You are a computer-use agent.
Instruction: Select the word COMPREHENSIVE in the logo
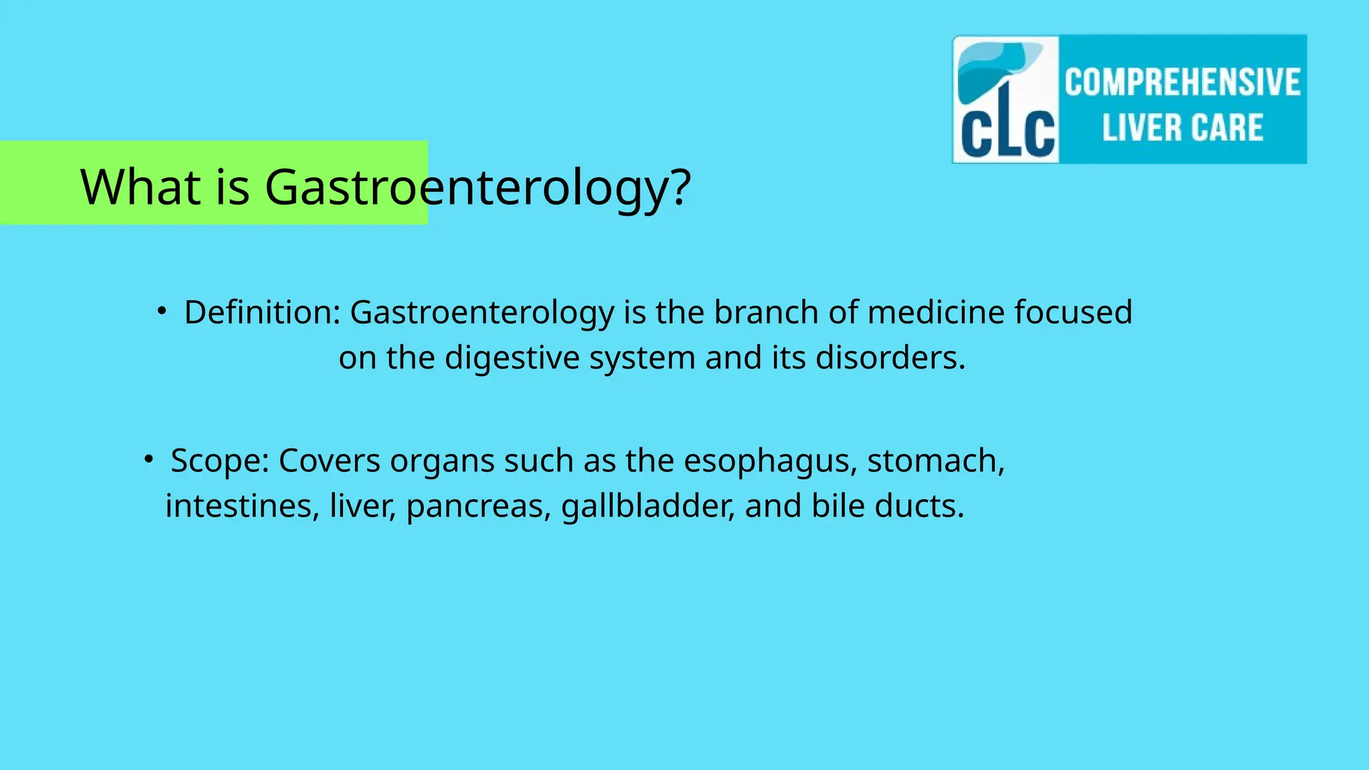[x=1183, y=82]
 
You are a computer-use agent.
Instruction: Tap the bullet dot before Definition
[x=161, y=311]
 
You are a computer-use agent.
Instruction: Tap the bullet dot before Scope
[x=148, y=459]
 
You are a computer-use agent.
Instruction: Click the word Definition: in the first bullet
[x=263, y=312]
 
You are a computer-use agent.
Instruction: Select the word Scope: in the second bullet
[x=220, y=461]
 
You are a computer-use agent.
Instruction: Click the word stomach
[x=935, y=461]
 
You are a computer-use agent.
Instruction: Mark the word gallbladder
[x=648, y=506]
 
